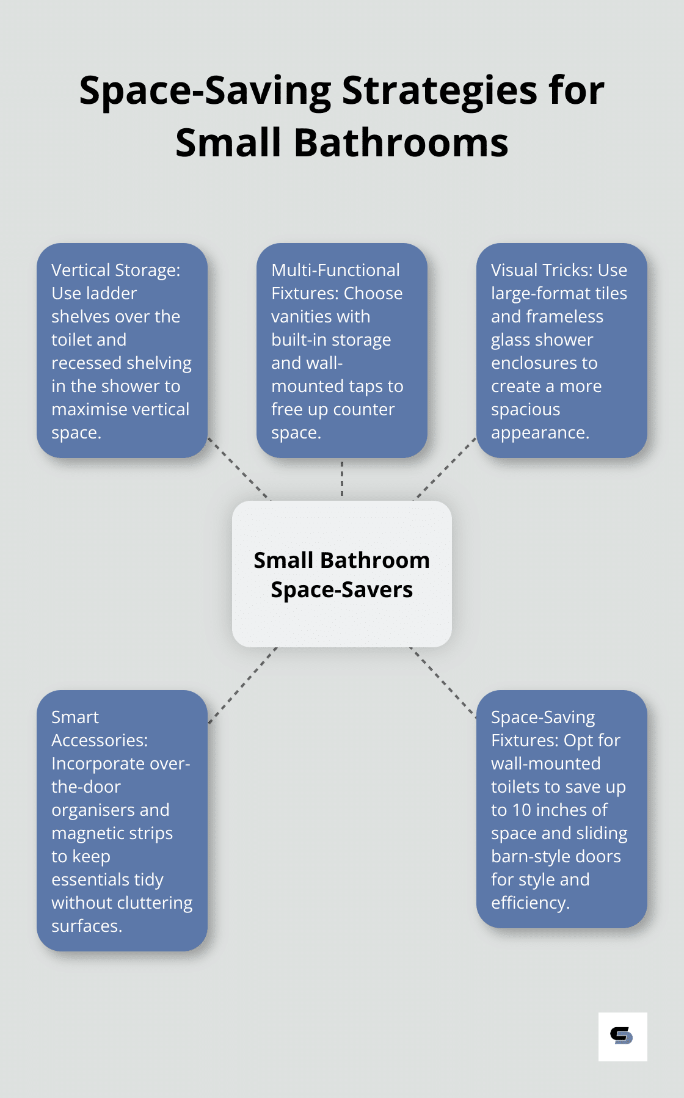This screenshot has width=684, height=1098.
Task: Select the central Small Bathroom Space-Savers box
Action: tap(342, 574)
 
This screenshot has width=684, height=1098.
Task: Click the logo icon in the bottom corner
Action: tap(622, 1036)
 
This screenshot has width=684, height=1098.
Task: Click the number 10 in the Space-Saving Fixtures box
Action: tap(522, 810)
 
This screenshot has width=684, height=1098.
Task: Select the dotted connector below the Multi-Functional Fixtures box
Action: tap(342, 479)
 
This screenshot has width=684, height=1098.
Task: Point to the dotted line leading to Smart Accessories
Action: tap(242, 686)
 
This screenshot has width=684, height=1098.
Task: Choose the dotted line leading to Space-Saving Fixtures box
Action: tap(443, 682)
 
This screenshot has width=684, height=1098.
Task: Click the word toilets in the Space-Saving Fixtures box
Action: tap(520, 787)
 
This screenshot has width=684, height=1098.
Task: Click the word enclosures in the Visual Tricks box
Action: tap(544, 363)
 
